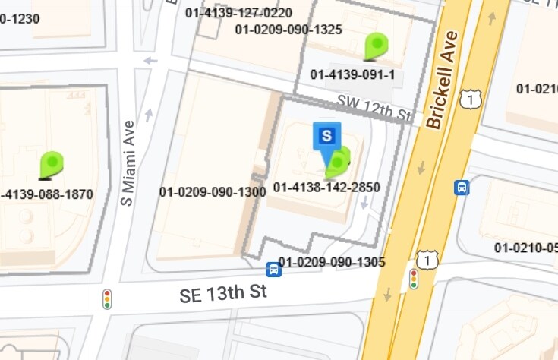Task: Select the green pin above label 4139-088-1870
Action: click(52, 164)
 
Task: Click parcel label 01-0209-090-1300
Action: click(213, 191)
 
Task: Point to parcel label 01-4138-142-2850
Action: click(326, 187)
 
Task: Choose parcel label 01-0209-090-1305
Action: click(332, 262)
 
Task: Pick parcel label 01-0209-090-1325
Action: click(288, 30)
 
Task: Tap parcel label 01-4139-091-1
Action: click(352, 74)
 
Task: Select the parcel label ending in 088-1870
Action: click(47, 194)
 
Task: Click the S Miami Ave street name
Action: click(128, 163)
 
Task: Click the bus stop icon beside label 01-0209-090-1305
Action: click(273, 269)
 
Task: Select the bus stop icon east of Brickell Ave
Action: click(461, 187)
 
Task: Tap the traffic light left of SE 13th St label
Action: click(107, 298)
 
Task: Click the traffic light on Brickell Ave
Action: click(414, 279)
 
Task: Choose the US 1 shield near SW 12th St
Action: click(471, 98)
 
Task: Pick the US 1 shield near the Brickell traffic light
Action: click(429, 261)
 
